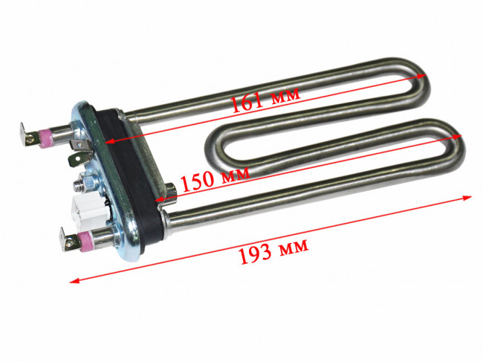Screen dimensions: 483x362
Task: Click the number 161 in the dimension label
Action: [x=247, y=102]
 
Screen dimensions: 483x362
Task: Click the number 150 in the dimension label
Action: [x=198, y=182]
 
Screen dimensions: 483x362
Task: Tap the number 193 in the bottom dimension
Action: [x=255, y=254]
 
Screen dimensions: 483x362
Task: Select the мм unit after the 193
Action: [x=294, y=246]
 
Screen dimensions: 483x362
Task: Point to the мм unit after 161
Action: [x=285, y=94]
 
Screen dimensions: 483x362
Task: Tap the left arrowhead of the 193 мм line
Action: [x=74, y=280]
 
